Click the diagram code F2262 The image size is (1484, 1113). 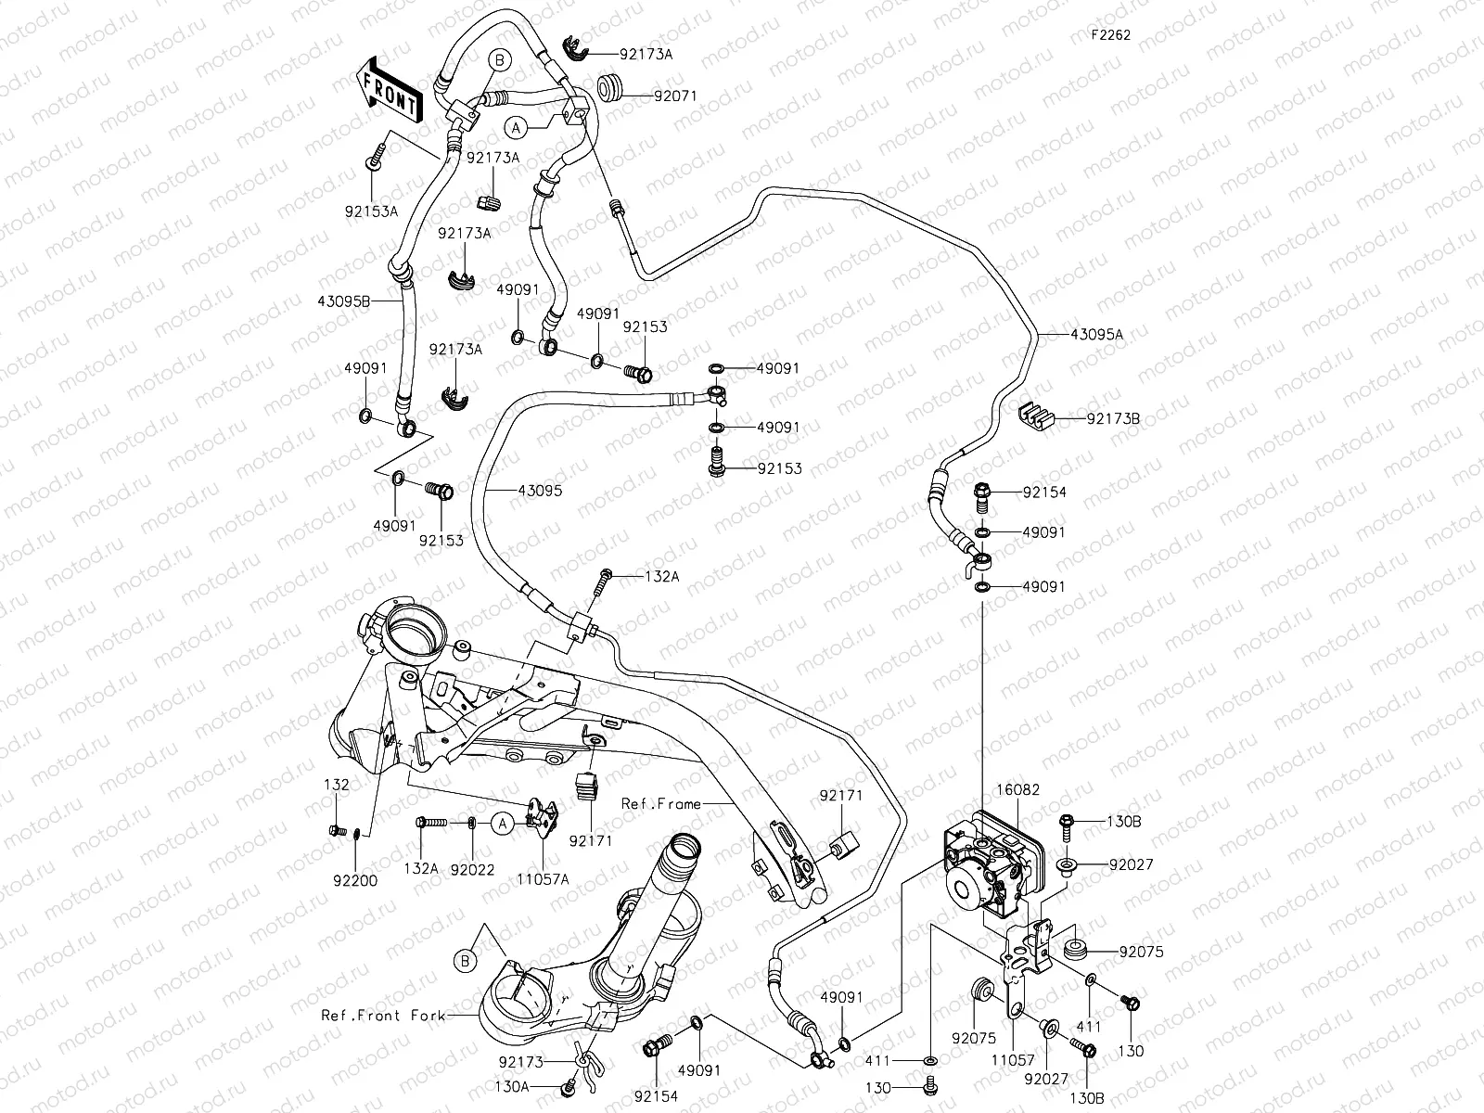tap(1110, 35)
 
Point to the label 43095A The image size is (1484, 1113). tap(1096, 335)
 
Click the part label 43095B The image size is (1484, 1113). tap(344, 301)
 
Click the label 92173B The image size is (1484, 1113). tap(1113, 420)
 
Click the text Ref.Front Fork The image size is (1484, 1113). tap(375, 1016)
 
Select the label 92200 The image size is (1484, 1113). tap(352, 881)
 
